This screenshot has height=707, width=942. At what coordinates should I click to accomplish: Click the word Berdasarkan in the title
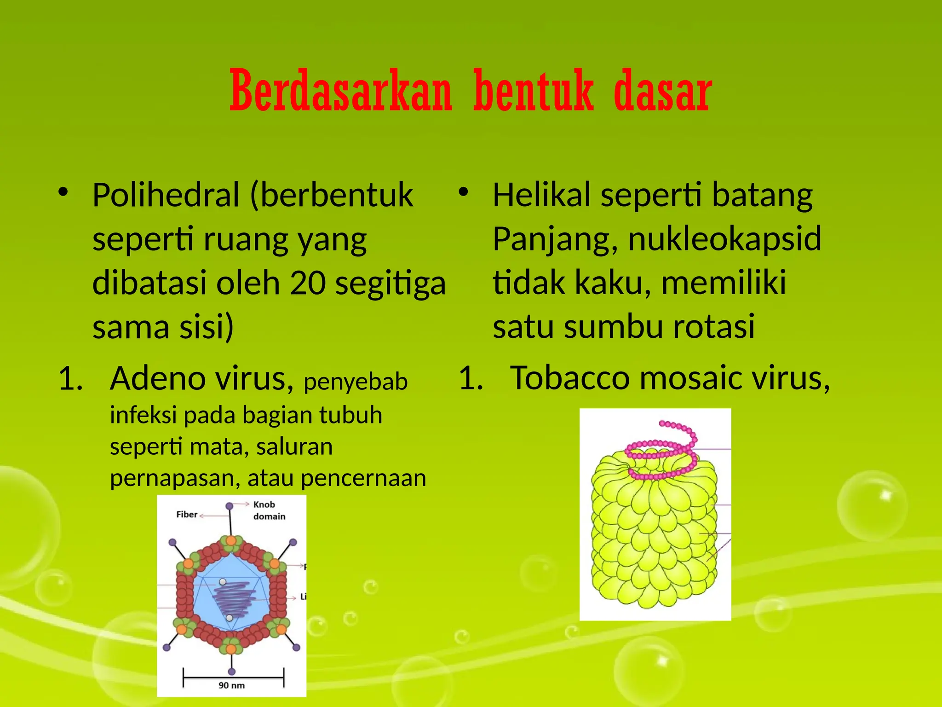341,91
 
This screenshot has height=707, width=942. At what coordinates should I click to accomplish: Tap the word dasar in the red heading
663,91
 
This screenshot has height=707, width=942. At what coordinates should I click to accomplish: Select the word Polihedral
166,195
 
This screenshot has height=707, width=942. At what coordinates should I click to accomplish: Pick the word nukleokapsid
724,239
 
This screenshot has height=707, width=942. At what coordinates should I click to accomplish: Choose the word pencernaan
363,478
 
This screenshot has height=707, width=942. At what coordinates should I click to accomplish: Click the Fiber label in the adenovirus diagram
187,515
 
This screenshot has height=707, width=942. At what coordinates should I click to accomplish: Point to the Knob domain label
269,510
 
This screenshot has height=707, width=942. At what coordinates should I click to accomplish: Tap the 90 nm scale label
231,685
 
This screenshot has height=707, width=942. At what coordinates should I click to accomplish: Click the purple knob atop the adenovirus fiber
230,506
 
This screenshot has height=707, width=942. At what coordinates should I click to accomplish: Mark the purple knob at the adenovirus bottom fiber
232,672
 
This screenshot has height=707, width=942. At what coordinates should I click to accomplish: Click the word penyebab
356,382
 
